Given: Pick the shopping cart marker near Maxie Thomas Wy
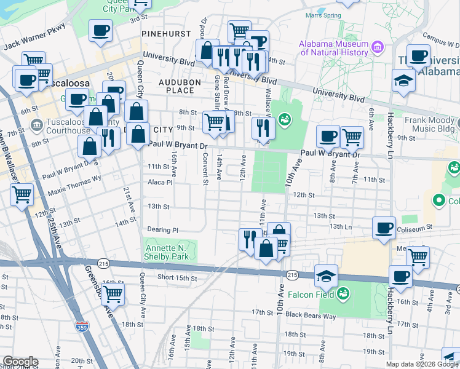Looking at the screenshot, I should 22,195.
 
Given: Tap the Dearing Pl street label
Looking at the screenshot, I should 163,230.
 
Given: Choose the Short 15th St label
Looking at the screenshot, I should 177,278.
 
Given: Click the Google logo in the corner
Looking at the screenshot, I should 20,362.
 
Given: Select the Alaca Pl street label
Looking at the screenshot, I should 161,182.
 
